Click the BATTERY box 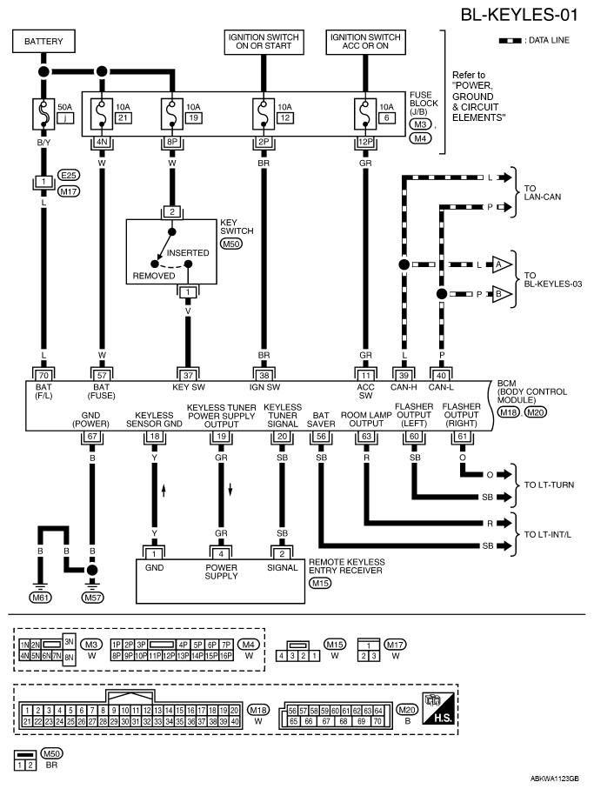coord(43,41)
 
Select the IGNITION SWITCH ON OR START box coord(264,42)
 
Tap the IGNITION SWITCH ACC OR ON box coord(365,42)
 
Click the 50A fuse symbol coord(43,113)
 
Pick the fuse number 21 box coord(123,117)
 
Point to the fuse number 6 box coord(386,117)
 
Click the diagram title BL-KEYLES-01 coord(519,15)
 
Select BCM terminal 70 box coord(43,376)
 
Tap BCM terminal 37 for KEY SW coord(188,376)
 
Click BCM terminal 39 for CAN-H coord(404,376)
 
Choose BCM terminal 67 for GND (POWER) coord(92,437)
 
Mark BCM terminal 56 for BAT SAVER coord(321,437)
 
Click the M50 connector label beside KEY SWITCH coord(231,244)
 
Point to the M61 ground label coord(40,598)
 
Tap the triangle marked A coord(501,264)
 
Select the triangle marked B coord(501,294)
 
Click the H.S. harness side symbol coord(439,708)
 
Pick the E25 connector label coord(69,175)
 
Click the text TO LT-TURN coord(549,485)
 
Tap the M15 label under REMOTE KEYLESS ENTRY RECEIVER coord(320,583)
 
